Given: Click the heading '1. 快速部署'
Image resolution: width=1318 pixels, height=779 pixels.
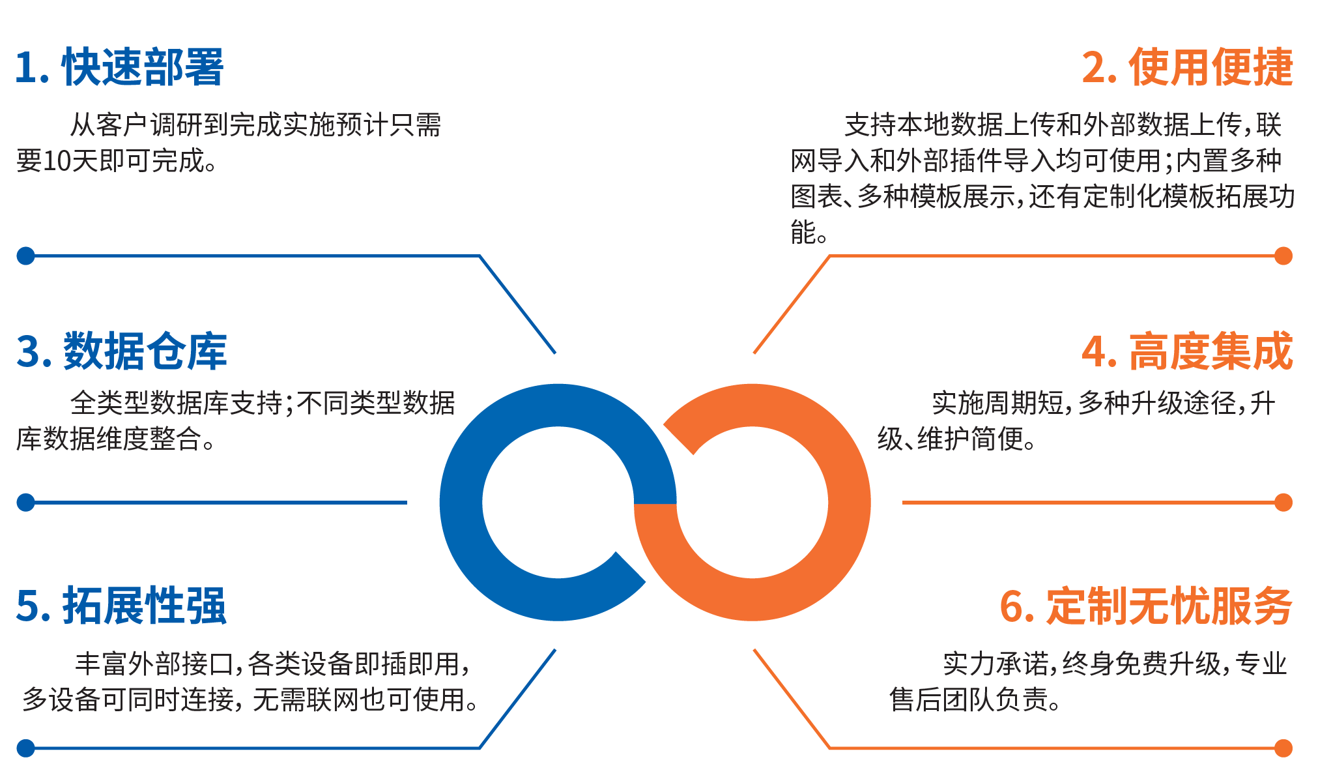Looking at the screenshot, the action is [x=119, y=67].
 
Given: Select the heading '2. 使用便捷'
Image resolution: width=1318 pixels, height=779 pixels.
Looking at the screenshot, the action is [x=1187, y=67].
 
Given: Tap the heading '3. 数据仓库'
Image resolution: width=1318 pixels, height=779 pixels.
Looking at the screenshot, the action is [x=121, y=351].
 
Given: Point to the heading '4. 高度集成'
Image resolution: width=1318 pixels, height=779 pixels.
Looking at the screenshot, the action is [x=1187, y=351].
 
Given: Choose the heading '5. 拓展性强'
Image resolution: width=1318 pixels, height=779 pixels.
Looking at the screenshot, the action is [x=121, y=606].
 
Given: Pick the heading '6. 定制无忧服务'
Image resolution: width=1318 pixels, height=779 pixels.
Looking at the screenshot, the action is [x=1146, y=606].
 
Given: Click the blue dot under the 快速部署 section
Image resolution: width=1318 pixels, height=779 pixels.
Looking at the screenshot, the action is [x=25, y=256].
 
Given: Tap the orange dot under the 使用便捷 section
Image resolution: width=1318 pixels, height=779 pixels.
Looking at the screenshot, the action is [x=1283, y=256].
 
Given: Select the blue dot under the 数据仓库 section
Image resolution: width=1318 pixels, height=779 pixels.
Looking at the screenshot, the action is [x=25, y=503].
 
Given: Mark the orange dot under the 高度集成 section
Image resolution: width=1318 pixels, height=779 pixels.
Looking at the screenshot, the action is [x=1283, y=503].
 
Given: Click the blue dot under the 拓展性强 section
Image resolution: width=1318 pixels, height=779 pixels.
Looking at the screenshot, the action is [x=25, y=748].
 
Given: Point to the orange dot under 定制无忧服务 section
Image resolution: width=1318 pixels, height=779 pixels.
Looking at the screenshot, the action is [x=1283, y=748].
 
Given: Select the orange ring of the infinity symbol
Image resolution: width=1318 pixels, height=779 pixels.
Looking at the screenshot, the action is [x=850, y=503].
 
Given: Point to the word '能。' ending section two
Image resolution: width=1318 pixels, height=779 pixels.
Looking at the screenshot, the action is [x=809, y=232].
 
